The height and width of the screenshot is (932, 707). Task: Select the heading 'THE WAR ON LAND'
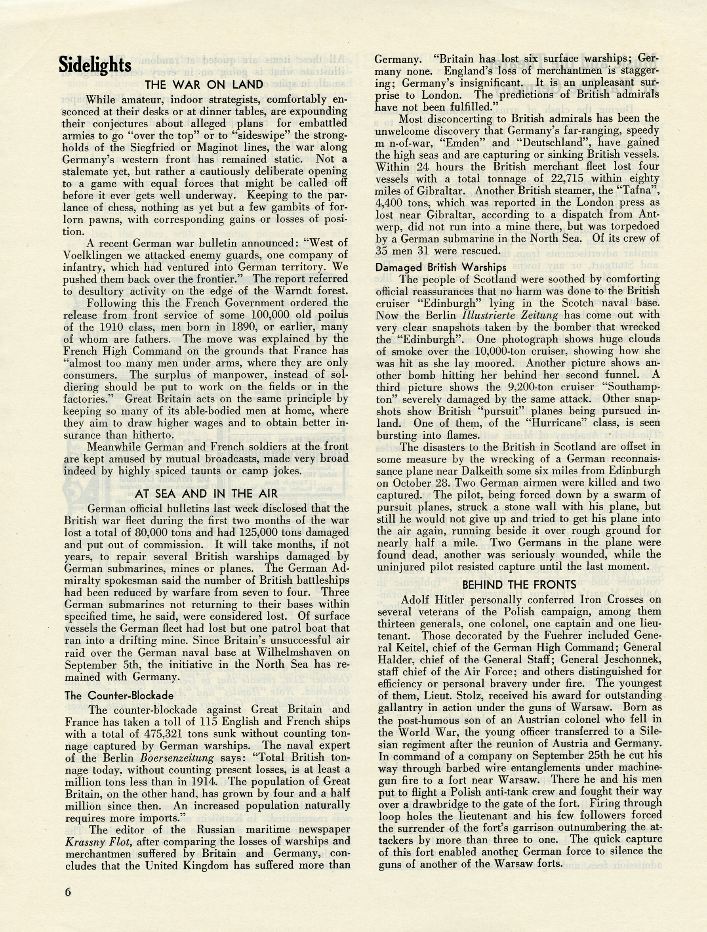(204, 85)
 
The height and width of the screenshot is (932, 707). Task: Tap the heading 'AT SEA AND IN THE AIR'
(206, 493)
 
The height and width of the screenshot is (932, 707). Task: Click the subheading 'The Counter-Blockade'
(119, 695)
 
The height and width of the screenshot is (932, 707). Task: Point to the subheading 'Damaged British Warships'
(441, 267)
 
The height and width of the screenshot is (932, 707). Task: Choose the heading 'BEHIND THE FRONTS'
(519, 584)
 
